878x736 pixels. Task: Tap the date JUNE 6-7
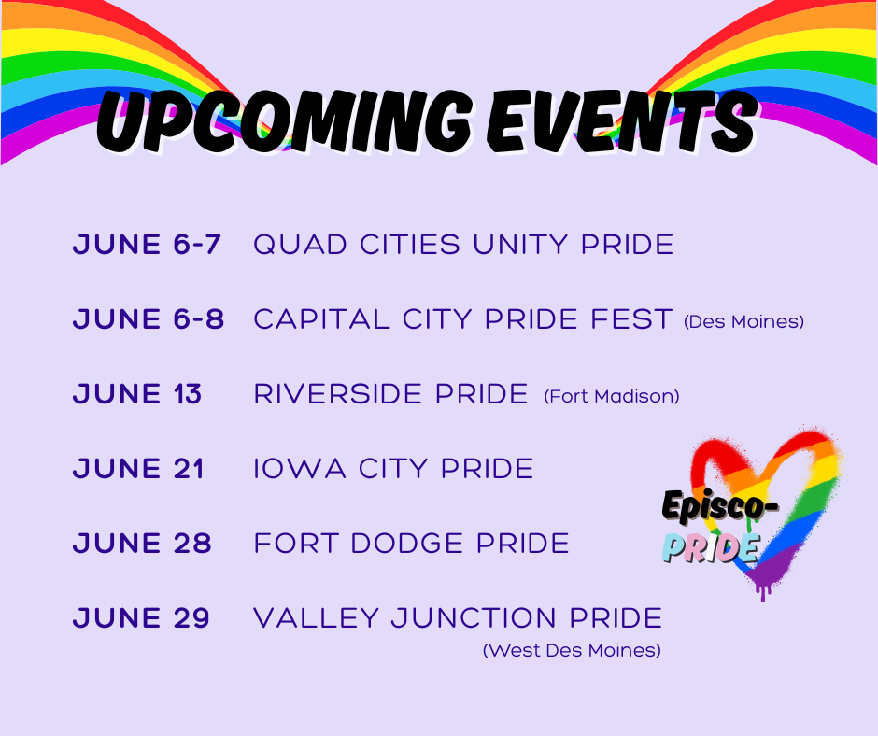[147, 245]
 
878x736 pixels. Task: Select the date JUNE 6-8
[149, 319]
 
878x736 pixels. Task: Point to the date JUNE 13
[137, 394]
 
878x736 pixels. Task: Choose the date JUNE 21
[138, 469]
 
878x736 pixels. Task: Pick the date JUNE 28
[142, 544]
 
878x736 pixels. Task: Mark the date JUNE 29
[141, 618]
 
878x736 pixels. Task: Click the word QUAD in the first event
[300, 246]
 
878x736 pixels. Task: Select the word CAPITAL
[322, 319]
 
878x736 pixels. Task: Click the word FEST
[631, 319]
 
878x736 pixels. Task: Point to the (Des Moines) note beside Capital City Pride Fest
[744, 321]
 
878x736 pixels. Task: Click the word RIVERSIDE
[337, 394]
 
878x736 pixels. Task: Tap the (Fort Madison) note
[612, 397]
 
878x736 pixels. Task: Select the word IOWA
[300, 469]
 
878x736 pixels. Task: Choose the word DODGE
[407, 544]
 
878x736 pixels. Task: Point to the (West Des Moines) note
[573, 650]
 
